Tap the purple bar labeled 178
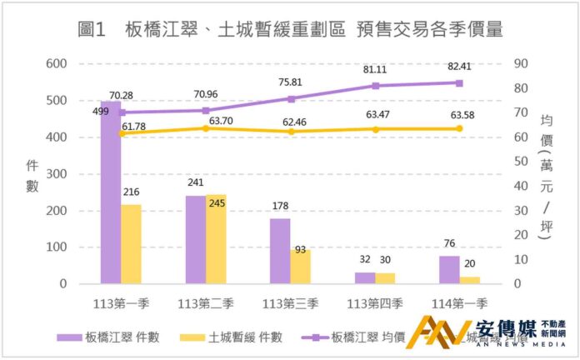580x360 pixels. point(280,251)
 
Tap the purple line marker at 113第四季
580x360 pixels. point(375,86)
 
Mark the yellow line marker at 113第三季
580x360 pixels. point(290,132)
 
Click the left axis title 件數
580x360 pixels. point(32,175)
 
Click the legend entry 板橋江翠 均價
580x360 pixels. point(367,337)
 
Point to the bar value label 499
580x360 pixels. point(101,112)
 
